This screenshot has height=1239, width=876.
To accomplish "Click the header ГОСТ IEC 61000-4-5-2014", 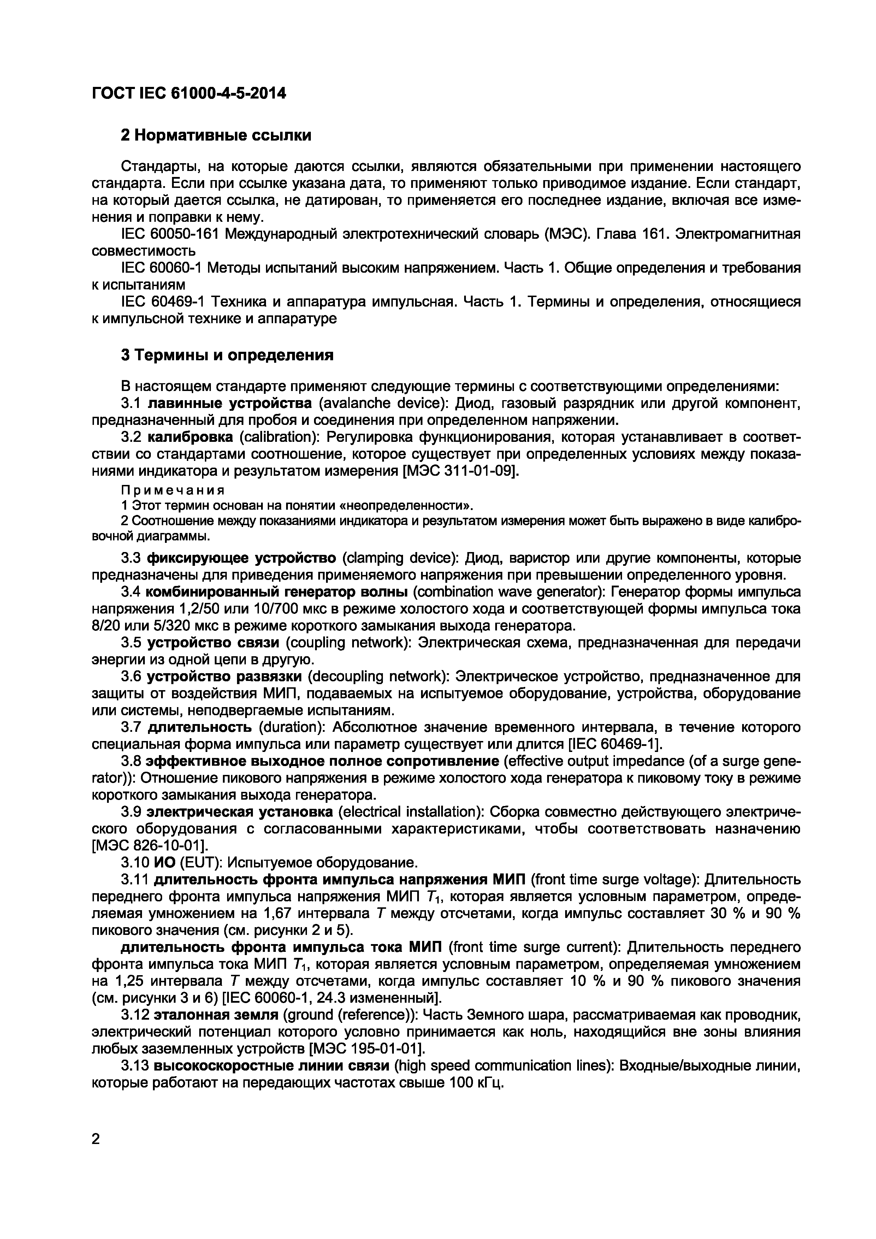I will [x=189, y=94].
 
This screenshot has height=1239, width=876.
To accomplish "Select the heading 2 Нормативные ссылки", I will [x=216, y=135].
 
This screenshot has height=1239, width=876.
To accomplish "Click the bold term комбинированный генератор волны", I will [x=277, y=592].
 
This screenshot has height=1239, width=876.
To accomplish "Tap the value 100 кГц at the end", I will [x=475, y=1083].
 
